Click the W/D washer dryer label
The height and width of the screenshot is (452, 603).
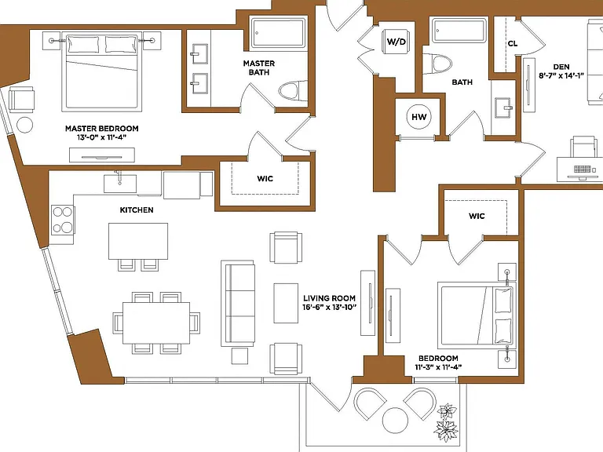click(x=396, y=41)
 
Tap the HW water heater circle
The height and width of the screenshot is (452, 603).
click(x=418, y=117)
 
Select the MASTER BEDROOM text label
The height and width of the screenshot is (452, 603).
click(x=102, y=129)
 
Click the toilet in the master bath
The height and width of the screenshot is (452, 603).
click(x=293, y=91)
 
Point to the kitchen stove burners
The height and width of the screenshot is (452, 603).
click(x=63, y=220)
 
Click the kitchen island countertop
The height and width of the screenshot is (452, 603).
click(x=138, y=242)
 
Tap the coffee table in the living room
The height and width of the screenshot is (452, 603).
click(x=286, y=303)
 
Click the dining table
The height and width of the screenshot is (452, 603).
click(x=156, y=323)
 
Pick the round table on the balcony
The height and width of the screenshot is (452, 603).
click(x=396, y=420)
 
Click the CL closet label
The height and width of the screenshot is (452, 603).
click(x=513, y=43)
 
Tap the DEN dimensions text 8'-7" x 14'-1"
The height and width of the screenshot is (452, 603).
click(x=561, y=75)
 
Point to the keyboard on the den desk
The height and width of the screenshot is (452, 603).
click(x=582, y=169)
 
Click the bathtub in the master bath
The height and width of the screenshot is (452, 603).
click(x=278, y=34)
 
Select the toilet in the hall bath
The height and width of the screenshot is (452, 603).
click(x=437, y=64)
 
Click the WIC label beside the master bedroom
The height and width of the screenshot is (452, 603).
click(x=265, y=178)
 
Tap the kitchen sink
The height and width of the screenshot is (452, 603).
click(x=120, y=184)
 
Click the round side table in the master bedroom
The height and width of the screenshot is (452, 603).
click(x=24, y=125)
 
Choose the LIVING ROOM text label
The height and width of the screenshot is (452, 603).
click(x=329, y=298)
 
